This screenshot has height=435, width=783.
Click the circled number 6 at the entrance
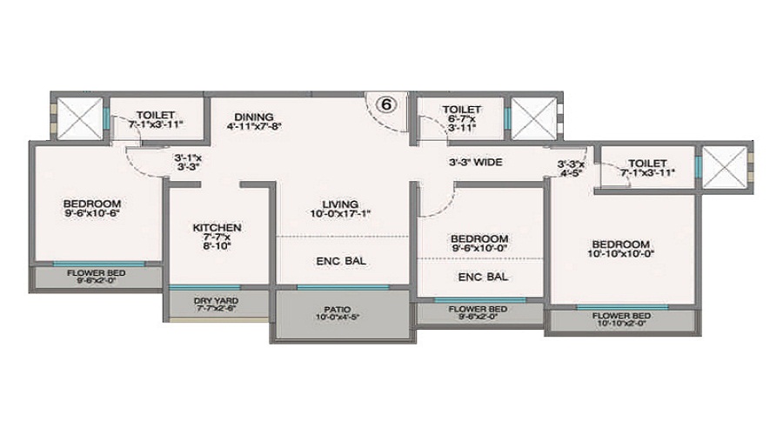[x=387, y=103]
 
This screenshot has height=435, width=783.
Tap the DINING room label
[x=253, y=117]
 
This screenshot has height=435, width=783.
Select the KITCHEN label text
[x=217, y=228]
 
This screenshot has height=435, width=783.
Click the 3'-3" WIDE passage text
[x=475, y=162]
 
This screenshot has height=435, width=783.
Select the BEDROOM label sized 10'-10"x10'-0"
[x=621, y=244]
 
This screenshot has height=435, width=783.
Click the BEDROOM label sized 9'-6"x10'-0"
[x=478, y=238]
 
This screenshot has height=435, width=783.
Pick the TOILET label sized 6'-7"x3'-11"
[x=461, y=110]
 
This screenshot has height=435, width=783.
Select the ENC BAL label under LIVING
[x=342, y=260]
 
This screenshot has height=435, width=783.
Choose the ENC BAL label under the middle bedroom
[x=484, y=278]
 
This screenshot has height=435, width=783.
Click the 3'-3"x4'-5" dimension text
[x=571, y=167]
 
